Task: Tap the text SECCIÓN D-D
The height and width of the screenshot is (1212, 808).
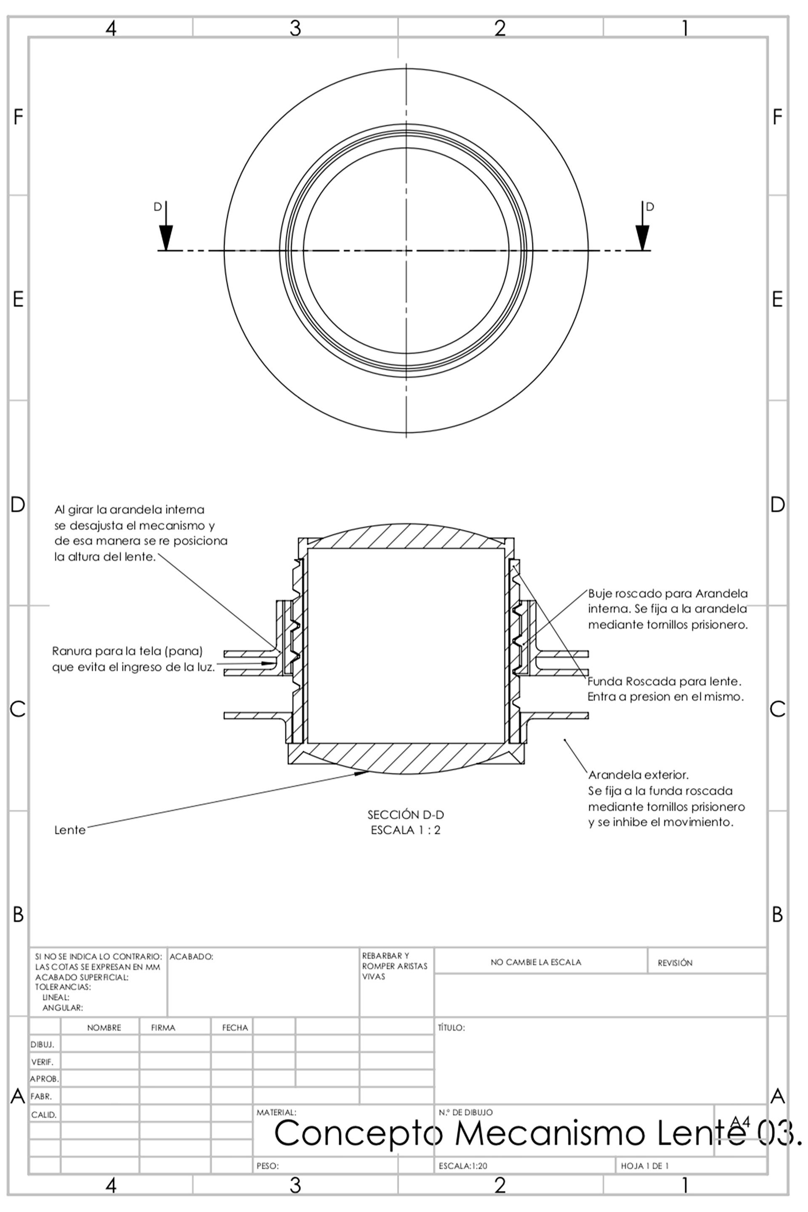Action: coord(406,815)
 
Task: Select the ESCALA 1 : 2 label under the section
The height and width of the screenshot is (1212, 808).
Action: coord(406,830)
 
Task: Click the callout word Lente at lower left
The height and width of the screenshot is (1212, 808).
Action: coord(69,830)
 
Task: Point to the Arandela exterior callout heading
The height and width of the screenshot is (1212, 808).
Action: coord(638,775)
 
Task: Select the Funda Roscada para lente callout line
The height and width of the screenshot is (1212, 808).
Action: coord(664,681)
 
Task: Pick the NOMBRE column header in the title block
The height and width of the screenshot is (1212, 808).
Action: coord(104,1028)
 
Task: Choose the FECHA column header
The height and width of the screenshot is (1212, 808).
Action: coord(235,1028)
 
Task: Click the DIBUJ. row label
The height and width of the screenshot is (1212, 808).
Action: coord(42,1045)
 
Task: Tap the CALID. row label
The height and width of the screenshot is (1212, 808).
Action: coord(43,1115)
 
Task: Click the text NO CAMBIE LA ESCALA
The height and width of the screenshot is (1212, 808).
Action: coord(536,962)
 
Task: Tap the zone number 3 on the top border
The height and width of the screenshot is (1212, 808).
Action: coord(295,28)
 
